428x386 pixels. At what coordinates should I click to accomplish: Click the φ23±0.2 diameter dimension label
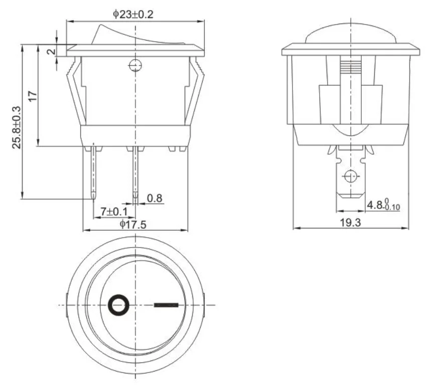(132, 14)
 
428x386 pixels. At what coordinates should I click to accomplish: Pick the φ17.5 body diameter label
(133, 225)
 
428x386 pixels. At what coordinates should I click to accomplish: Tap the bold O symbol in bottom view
(119, 305)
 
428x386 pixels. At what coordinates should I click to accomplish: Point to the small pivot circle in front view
(135, 65)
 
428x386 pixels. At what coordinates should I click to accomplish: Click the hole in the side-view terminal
(350, 176)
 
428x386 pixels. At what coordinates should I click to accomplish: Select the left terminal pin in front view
(94, 170)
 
